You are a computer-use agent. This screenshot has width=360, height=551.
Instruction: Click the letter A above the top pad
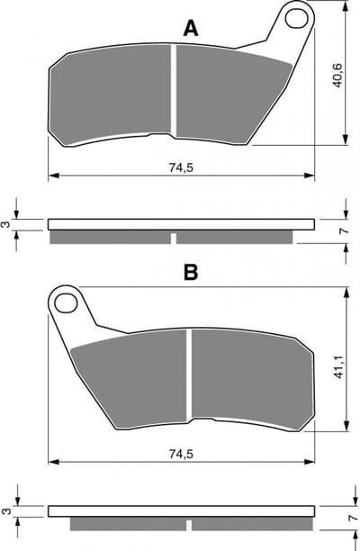pos(191,29)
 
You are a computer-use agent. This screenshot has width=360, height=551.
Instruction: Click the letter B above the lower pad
pos(191,272)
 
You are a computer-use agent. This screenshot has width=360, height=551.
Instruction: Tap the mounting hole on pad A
pos(296,18)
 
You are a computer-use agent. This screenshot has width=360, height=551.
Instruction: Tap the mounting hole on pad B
pos(66,303)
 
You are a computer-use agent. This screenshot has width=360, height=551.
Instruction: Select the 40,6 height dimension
pos(337,76)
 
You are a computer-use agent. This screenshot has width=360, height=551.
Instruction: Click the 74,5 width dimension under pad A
pos(181,167)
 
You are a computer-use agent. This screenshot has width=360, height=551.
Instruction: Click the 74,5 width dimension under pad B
pos(181,454)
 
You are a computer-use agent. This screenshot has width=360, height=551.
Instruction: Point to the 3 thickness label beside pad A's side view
pos(6,224)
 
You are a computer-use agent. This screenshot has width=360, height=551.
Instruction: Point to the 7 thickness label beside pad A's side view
pos(345,230)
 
